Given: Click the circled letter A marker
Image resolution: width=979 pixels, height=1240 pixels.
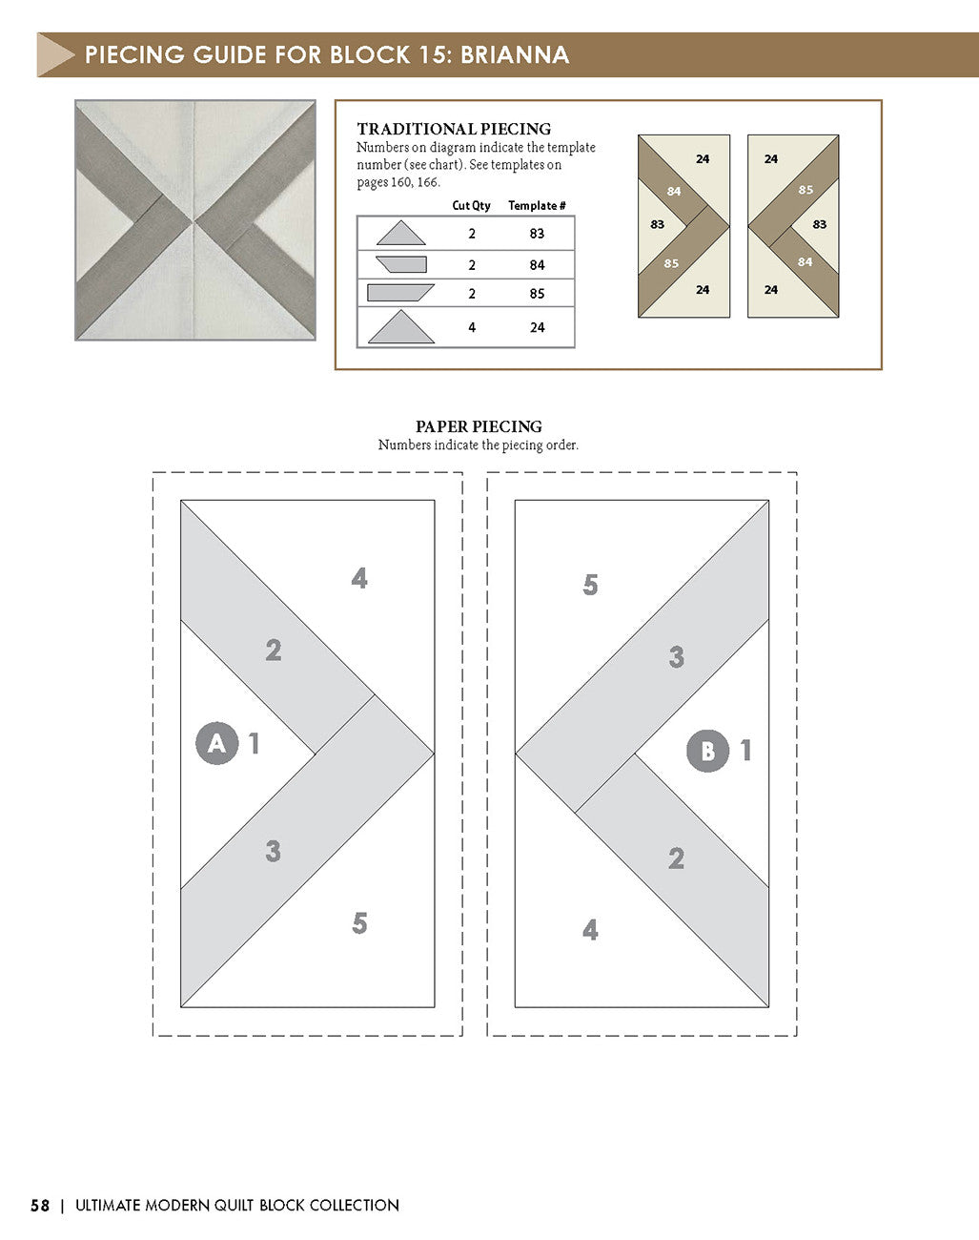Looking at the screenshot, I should pos(216,742).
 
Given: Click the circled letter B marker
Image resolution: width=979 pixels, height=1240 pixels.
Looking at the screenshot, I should pos(707,751).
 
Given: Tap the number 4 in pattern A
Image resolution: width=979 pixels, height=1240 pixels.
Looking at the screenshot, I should pos(359,578).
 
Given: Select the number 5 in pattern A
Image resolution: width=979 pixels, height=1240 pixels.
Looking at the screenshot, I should pos(359,923).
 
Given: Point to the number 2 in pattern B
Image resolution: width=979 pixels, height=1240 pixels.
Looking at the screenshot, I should pos(676,858).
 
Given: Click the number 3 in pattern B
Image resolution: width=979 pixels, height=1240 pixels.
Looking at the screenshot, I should pos(676,656).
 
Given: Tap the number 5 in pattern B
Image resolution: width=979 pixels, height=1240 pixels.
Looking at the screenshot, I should pos(590,585).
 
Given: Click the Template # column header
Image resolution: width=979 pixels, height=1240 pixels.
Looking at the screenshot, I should pos(537,206).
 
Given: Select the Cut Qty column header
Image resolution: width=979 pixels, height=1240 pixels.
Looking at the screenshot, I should pos(471,206).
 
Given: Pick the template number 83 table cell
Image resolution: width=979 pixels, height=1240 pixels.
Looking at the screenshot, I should pos(537,234).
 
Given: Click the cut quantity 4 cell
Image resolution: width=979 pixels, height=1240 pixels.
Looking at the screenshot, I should pos(472,327).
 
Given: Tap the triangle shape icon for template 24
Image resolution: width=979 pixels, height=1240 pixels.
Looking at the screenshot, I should pos(401,327).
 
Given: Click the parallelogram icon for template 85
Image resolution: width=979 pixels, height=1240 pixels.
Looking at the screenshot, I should pos(400,293).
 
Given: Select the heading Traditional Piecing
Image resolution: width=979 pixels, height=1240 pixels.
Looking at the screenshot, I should pos(454,129).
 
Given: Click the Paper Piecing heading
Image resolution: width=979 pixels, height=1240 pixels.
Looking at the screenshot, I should pos(479,426).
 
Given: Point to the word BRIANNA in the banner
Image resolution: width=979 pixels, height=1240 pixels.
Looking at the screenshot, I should pos(515,54).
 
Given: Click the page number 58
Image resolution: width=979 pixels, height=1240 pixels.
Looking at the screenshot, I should pos(40,1206).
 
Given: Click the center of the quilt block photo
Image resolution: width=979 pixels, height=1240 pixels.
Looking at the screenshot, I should pos(195,220).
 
